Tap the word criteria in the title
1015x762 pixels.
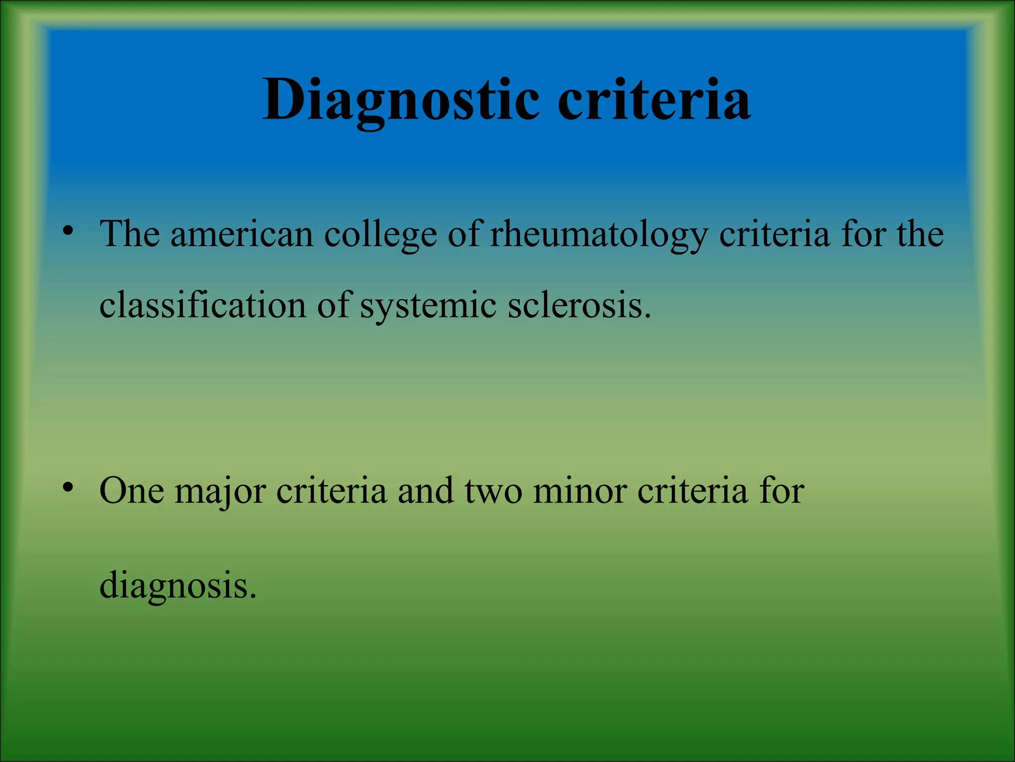coord(654,100)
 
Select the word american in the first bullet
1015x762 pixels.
coord(242,234)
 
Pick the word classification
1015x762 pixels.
coord(202,305)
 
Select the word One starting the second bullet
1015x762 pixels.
coord(132,491)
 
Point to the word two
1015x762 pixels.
coord(494,491)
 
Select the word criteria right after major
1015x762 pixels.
coord(331,491)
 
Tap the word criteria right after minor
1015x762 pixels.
coord(692,491)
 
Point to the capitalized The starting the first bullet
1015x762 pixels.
coord(130,234)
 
